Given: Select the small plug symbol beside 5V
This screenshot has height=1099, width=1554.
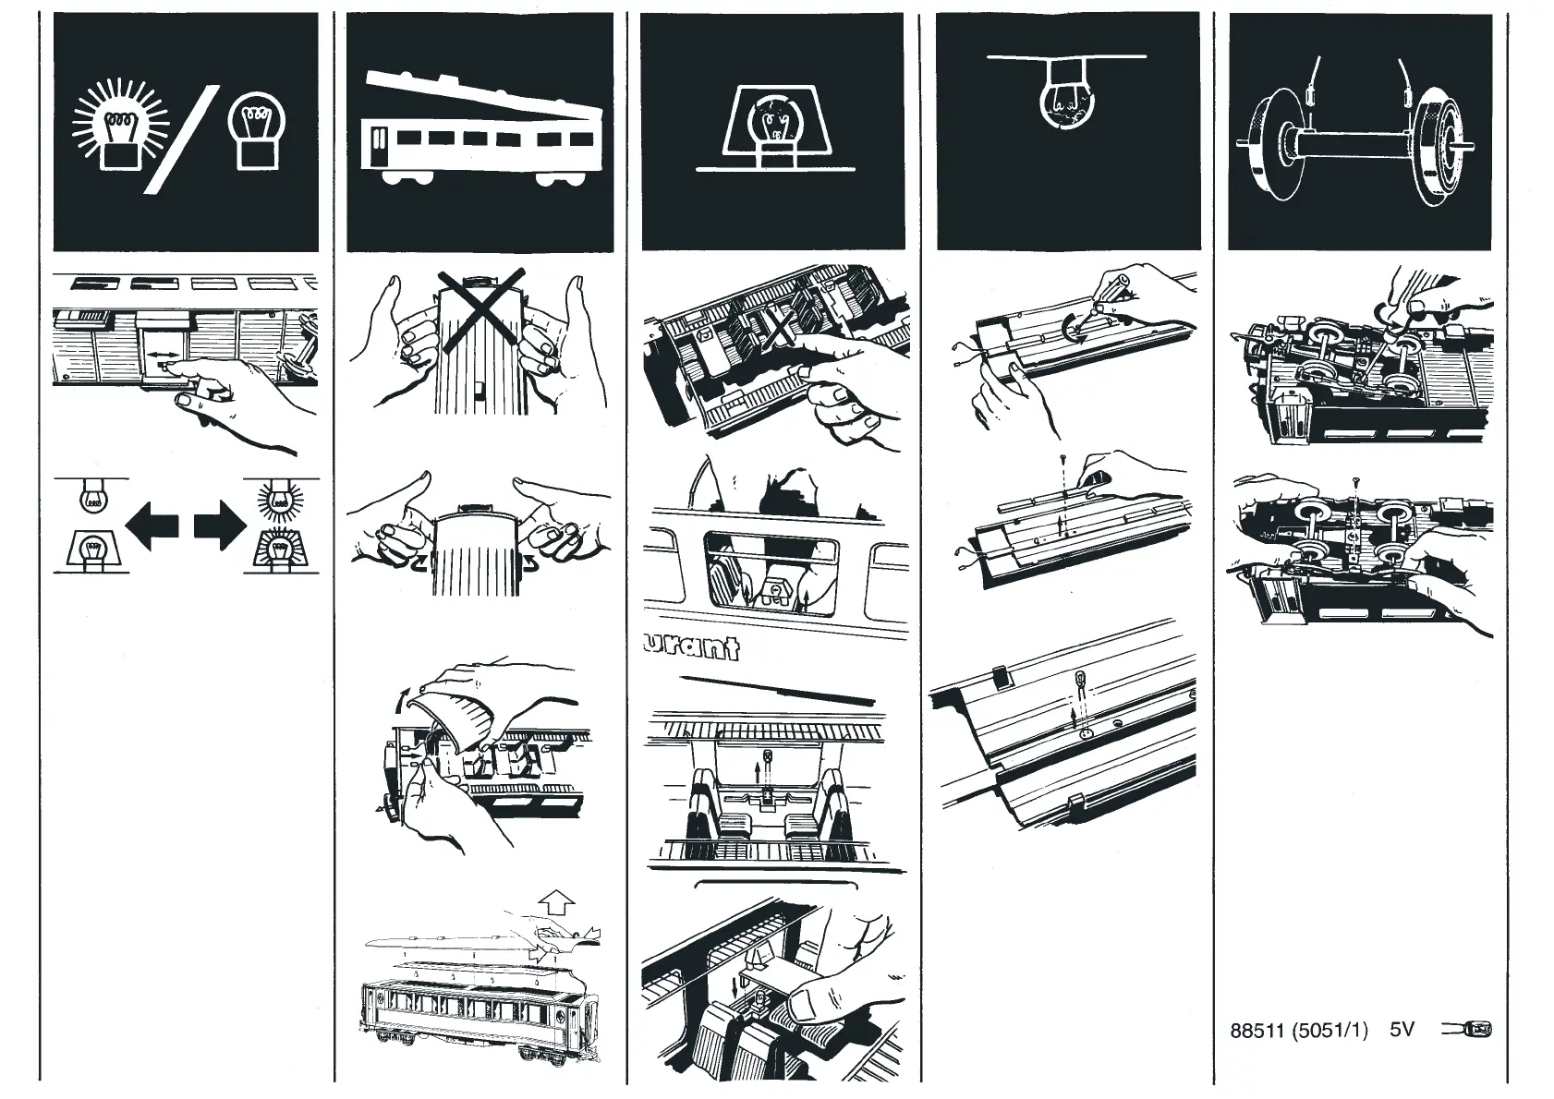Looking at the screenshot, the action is (x=1467, y=1030).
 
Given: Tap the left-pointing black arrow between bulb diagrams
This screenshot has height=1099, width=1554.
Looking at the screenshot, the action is (x=151, y=525).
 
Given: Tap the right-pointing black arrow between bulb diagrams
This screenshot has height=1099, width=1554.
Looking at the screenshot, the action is (x=221, y=525).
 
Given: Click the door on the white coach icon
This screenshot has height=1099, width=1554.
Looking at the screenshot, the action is (x=379, y=151).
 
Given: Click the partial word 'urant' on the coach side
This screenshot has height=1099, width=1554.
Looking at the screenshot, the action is (x=694, y=646).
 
